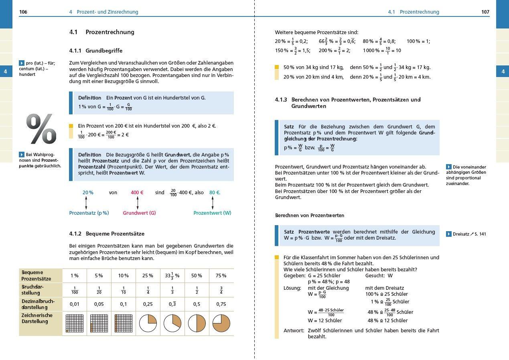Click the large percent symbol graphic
pyautogui.click(x=41, y=129)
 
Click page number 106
pyautogui.click(x=23, y=12)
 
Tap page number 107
pyautogui.click(x=485, y=12)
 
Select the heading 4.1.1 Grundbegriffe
pyautogui.click(x=96, y=51)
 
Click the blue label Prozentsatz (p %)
pyautogui.click(x=89, y=213)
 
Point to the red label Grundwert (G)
pyautogui.click(x=139, y=213)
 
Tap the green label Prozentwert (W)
pyautogui.click(x=212, y=213)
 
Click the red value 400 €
pyautogui.click(x=137, y=193)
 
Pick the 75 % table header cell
pyautogui.click(x=221, y=276)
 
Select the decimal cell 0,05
pyautogui.click(x=99, y=304)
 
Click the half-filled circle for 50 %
pyautogui.click(x=197, y=323)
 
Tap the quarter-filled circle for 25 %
pyautogui.click(x=148, y=323)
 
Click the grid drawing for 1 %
pyautogui.click(x=74, y=323)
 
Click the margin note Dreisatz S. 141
pyautogui.click(x=469, y=234)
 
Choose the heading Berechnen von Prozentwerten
pyautogui.click(x=309, y=216)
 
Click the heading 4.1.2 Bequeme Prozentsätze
pyautogui.click(x=107, y=234)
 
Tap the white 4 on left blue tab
pyautogui.click(x=6, y=72)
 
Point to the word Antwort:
pyautogui.click(x=294, y=331)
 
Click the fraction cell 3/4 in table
pyautogui.click(x=221, y=290)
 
